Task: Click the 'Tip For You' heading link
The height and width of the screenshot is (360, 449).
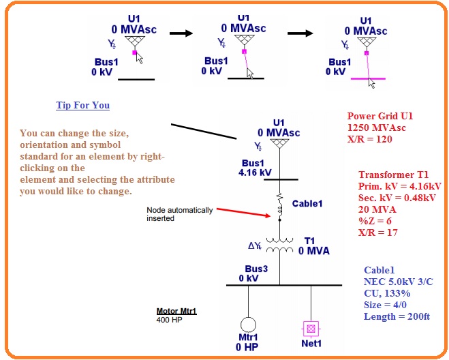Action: point(82,106)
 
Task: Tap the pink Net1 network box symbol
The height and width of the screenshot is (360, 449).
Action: point(311,328)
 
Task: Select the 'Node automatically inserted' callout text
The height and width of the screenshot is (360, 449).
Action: point(179,213)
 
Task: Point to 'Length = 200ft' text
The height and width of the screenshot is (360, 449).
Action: point(398,316)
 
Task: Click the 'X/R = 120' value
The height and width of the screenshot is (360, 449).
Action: point(370,138)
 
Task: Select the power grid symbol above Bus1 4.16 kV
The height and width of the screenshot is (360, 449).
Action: point(279,145)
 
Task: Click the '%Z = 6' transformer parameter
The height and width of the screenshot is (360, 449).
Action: point(375,220)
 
